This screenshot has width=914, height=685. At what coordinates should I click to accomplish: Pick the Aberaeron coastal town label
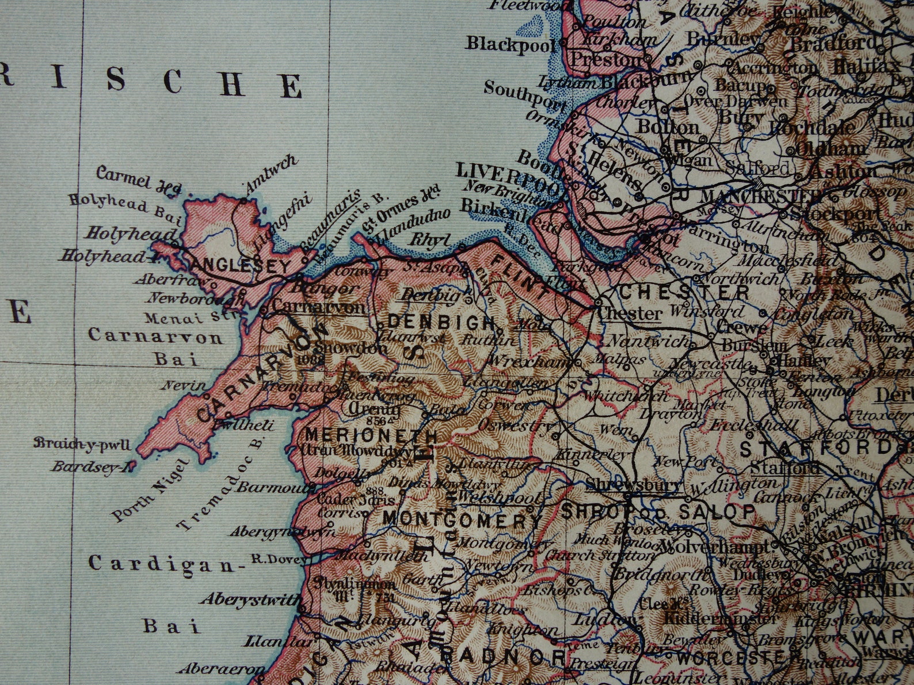click(213, 668)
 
